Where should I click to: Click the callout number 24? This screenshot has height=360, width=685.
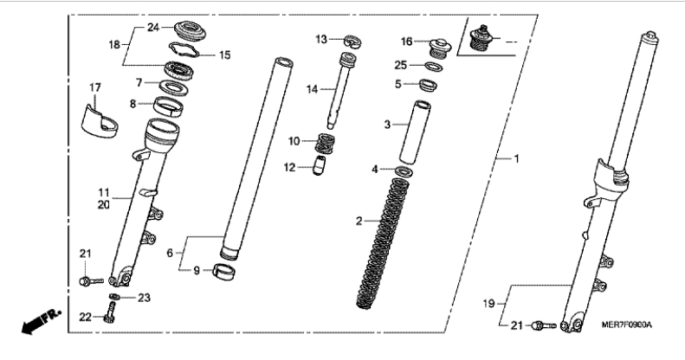[x=153, y=28]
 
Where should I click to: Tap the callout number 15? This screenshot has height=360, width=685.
[x=224, y=55]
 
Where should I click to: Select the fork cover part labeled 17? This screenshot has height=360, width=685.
[x=100, y=122]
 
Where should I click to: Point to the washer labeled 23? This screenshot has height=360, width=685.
[x=114, y=297]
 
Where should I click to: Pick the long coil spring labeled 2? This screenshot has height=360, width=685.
[x=385, y=243]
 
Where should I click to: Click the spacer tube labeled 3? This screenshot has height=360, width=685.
[x=414, y=132]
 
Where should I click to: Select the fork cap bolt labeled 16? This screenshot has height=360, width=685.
[x=440, y=48]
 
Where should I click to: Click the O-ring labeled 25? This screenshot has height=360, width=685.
[x=434, y=67]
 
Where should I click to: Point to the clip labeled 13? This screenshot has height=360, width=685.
[x=352, y=42]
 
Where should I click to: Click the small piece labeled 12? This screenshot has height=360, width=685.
[x=320, y=166]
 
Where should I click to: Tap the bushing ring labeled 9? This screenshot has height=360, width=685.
[x=223, y=272]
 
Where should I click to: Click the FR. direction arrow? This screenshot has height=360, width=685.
[x=41, y=321]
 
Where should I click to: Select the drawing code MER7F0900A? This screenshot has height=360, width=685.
[x=626, y=325]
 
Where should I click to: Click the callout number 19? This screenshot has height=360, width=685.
[x=488, y=303]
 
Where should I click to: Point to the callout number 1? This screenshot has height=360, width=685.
[x=516, y=159]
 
